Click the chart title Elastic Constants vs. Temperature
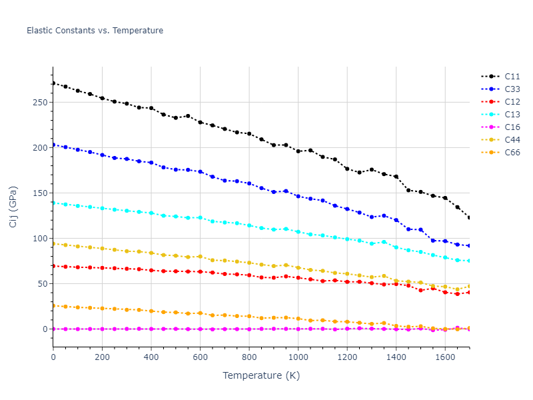[x=95, y=31]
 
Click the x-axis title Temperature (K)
[x=261, y=375]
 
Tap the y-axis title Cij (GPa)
[x=13, y=207]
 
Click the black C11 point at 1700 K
[x=469, y=218]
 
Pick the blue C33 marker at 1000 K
[x=298, y=197]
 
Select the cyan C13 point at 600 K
[x=200, y=217]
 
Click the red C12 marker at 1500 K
[x=420, y=290]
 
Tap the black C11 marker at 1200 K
[x=347, y=169]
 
